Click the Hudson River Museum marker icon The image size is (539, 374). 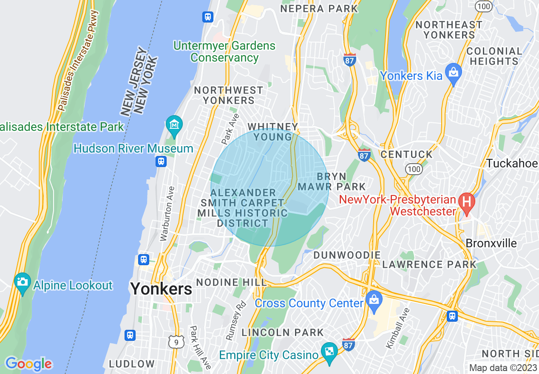tap(174, 125)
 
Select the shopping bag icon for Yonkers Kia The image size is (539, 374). tap(453, 73)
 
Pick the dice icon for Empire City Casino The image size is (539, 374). tap(329, 351)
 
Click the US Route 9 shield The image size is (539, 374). tap(176, 341)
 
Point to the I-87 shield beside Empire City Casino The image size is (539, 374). tap(348, 345)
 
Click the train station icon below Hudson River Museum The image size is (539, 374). tap(161, 161)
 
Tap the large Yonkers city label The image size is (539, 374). tap(161, 289)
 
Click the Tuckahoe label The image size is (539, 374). tap(512, 164)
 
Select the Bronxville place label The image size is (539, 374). tap(491, 244)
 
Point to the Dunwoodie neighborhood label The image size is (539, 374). tap(347, 255)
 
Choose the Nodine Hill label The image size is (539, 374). tap(231, 282)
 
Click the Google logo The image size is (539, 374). tap(28, 364)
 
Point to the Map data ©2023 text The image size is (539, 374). tap(503, 368)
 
